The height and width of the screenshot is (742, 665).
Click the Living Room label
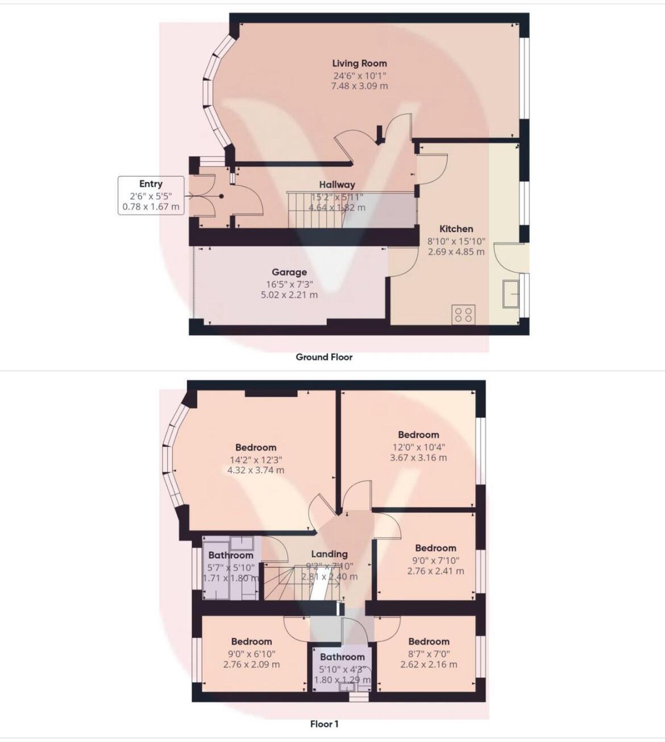click(359, 64)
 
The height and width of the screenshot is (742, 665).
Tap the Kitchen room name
click(456, 229)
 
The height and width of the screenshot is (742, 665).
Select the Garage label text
click(289, 272)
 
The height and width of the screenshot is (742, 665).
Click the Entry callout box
click(151, 195)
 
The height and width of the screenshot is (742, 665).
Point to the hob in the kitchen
click(464, 315)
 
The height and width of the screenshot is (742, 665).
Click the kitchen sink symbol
click(510, 294)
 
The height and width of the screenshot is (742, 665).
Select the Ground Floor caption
click(324, 357)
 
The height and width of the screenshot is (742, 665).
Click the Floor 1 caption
click(324, 724)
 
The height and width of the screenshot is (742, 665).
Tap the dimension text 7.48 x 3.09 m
click(359, 86)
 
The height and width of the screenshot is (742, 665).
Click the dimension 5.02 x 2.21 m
click(289, 295)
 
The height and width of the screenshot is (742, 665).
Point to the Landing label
click(329, 554)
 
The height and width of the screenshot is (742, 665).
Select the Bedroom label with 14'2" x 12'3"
click(256, 447)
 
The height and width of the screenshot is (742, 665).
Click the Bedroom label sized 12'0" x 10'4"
click(418, 435)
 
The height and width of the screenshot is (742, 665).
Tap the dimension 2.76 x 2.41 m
click(435, 571)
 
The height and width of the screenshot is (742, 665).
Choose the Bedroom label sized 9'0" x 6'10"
click(251, 641)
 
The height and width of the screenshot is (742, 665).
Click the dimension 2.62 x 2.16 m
click(429, 664)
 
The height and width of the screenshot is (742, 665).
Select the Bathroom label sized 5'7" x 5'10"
click(230, 555)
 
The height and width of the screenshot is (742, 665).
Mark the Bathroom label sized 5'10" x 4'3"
click(342, 657)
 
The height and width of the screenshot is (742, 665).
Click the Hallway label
click(336, 184)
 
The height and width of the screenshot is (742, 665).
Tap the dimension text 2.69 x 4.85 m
click(456, 252)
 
